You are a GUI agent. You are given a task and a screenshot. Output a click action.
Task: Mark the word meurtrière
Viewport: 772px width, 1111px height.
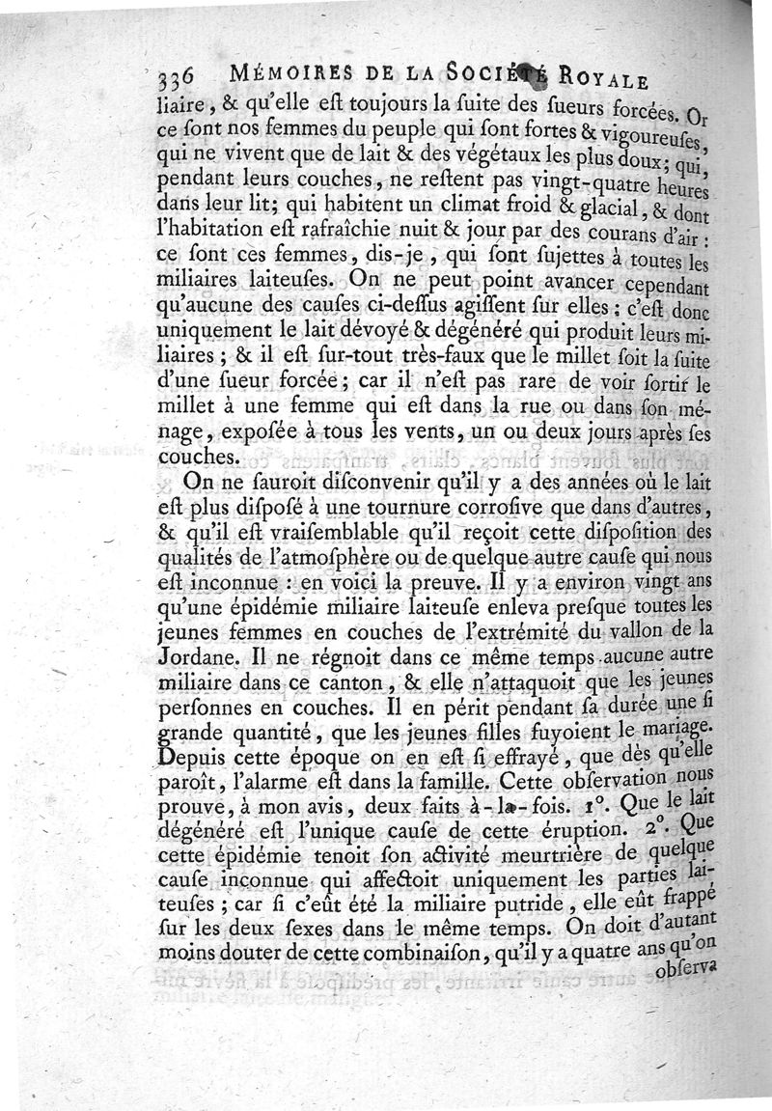click(x=527, y=853)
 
